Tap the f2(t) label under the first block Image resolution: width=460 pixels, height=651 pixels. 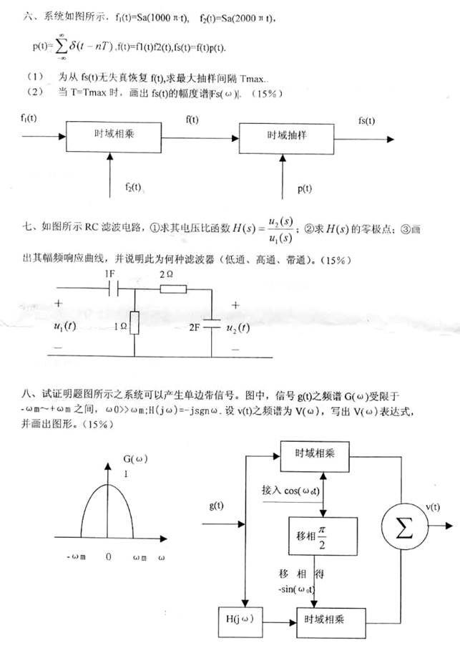(x=129, y=188)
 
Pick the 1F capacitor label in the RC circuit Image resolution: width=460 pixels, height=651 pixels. (x=109, y=274)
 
